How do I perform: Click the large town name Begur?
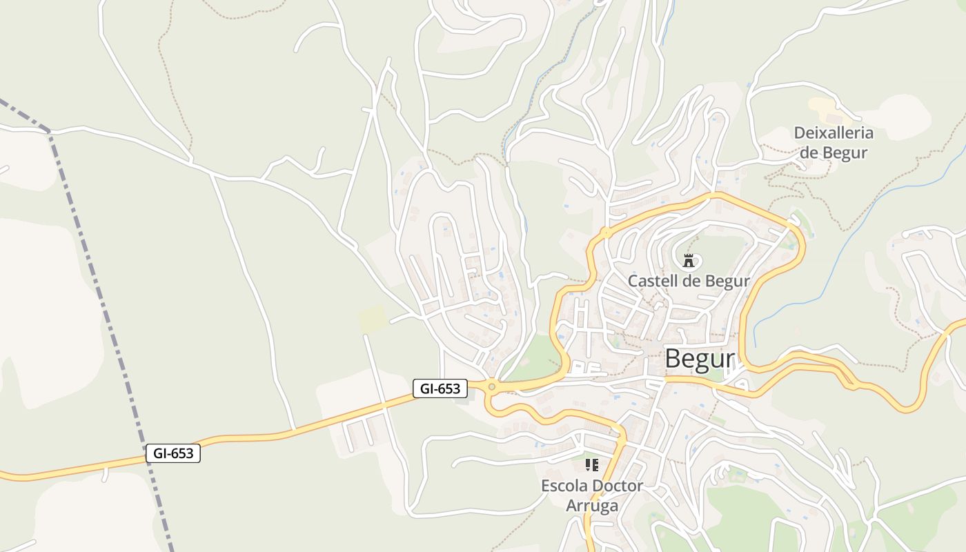pos(699,359)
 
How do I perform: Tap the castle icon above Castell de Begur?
pos(688,261)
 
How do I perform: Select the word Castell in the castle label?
pos(652,282)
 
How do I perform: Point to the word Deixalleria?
pos(834,133)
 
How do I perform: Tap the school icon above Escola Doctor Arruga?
pos(591,465)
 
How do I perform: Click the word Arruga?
pos(592,506)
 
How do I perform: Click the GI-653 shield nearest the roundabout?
pos(440,388)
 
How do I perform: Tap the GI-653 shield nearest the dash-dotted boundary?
pos(173,453)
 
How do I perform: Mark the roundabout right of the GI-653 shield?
pos(491,386)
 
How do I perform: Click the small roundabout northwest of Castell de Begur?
pos(605,233)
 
